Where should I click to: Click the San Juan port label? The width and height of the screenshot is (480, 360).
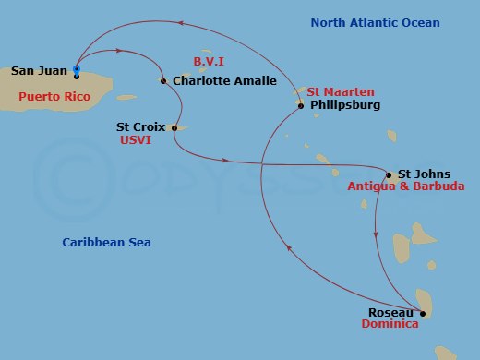tap(40, 70)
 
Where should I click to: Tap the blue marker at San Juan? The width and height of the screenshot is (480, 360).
tap(77, 69)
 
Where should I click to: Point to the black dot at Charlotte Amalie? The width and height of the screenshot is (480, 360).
tap(163, 81)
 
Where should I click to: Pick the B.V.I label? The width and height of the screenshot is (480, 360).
tap(210, 61)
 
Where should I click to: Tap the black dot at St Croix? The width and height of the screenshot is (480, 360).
tap(174, 127)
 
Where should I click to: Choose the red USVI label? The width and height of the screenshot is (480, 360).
tap(136, 140)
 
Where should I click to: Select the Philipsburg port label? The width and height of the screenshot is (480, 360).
tap(345, 105)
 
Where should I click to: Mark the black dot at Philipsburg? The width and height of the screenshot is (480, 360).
tap(301, 106)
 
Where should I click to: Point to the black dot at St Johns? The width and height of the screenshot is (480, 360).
tap(389, 174)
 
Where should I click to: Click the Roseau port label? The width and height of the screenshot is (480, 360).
tap(387, 313)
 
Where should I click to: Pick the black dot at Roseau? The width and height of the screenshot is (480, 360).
tap(422, 313)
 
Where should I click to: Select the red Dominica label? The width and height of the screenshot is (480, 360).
tap(390, 325)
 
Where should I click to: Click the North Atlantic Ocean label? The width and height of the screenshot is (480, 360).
tap(375, 23)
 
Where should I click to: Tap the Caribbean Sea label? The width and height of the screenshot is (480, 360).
tap(107, 243)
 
